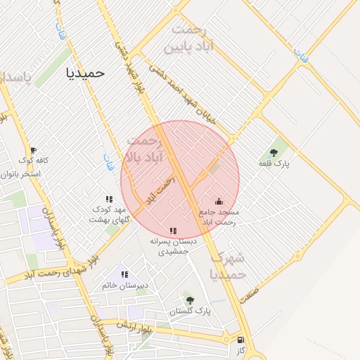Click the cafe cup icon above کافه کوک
point(32,150)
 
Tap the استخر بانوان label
point(22,173)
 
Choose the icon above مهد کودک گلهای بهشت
point(109,199)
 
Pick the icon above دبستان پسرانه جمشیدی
point(173,231)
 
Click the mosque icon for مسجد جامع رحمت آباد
point(218,201)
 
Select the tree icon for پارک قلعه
point(274,153)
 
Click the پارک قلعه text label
point(274,164)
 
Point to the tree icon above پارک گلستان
point(190,300)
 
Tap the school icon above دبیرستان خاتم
point(124,274)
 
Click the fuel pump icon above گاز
point(242,340)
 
